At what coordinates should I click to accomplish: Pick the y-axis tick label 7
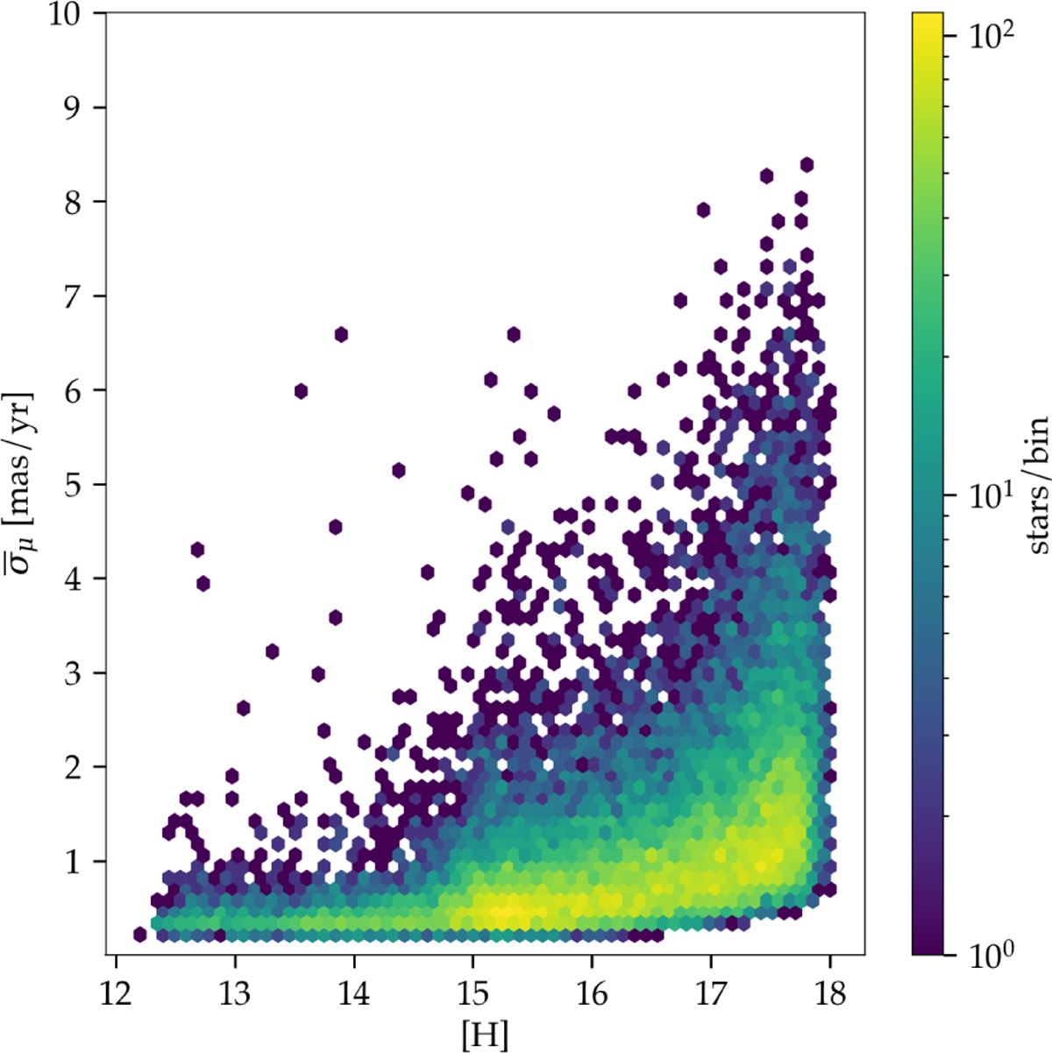[x=82, y=296]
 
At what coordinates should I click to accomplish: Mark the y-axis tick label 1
[x=82, y=862]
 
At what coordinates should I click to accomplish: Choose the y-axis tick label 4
[x=82, y=579]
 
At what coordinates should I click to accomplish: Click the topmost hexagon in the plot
[x=807, y=164]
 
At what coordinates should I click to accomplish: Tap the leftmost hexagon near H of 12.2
[x=140, y=935]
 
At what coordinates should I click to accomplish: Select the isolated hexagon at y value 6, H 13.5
[x=301, y=391]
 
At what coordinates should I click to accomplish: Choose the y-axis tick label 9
[x=82, y=108]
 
